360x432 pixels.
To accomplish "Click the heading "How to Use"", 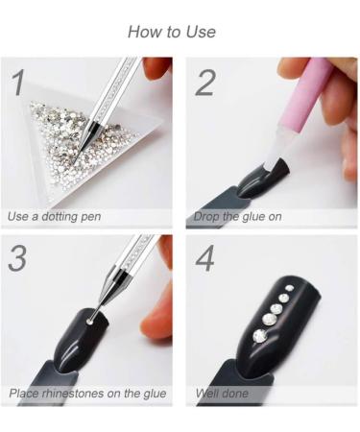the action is pyautogui.click(x=172, y=32).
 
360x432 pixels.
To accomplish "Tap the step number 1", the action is pyautogui.click(x=18, y=83).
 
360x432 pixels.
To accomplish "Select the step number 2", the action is pyautogui.click(x=204, y=83).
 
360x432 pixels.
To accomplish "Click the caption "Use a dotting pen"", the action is pyautogui.click(x=54, y=217).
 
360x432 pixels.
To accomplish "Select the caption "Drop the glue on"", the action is pyautogui.click(x=237, y=217).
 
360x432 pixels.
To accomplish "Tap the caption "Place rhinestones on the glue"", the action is pyautogui.click(x=87, y=394).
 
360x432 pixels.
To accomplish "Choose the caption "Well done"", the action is pyautogui.click(x=222, y=393).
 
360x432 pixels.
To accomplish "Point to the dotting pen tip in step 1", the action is pyautogui.click(x=74, y=162).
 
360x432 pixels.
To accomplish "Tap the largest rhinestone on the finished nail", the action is pyautogui.click(x=260, y=336).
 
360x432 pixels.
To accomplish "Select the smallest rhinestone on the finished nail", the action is pyautogui.click(x=290, y=288).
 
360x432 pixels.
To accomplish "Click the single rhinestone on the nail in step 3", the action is pyautogui.click(x=90, y=321).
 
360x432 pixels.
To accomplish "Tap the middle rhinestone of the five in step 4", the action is pyautogui.click(x=276, y=309).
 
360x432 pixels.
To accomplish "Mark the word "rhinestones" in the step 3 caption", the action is pyautogui.click(x=73, y=394).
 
